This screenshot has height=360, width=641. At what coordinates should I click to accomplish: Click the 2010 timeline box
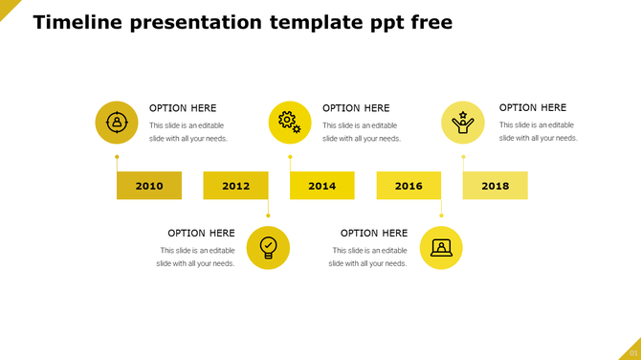(x=149, y=186)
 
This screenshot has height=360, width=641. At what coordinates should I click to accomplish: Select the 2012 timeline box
(x=235, y=186)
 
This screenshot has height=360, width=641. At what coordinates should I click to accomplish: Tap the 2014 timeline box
(x=322, y=186)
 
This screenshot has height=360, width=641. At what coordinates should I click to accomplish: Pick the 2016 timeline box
(x=409, y=186)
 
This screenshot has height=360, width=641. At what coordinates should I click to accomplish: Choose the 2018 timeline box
(x=495, y=186)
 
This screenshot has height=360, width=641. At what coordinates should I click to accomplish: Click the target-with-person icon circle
(x=117, y=123)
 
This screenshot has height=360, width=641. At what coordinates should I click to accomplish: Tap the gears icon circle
(x=290, y=123)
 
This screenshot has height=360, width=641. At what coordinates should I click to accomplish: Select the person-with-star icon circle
(x=462, y=123)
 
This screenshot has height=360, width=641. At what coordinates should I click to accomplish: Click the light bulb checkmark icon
(x=268, y=248)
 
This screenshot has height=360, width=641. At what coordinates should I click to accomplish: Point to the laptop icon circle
(x=441, y=248)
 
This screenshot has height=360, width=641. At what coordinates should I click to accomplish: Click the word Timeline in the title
(x=76, y=22)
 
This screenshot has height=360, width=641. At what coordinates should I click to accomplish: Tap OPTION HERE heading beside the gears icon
(x=356, y=108)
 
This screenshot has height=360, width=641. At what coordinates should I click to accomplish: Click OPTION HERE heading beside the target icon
(x=183, y=108)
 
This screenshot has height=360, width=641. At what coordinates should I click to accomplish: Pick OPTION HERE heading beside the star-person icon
(x=533, y=108)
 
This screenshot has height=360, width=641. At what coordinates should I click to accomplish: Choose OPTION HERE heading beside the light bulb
(x=201, y=233)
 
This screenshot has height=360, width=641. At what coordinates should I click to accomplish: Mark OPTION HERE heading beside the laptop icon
(x=374, y=233)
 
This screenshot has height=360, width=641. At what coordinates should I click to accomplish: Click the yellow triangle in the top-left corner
(x=7, y=7)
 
